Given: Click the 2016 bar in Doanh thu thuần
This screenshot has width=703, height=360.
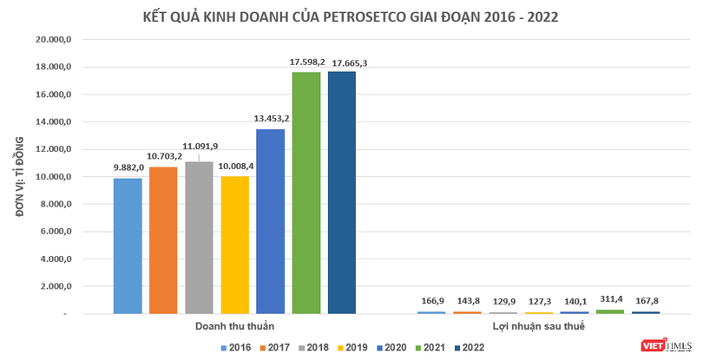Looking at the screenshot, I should point(128,245).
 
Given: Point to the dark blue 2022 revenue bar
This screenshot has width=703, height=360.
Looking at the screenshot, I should point(341,192).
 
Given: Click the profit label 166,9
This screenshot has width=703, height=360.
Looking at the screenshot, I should point(430,299).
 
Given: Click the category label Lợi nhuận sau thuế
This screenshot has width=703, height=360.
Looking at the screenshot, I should point(538,326).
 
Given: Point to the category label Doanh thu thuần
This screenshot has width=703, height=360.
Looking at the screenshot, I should point(233,326).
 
